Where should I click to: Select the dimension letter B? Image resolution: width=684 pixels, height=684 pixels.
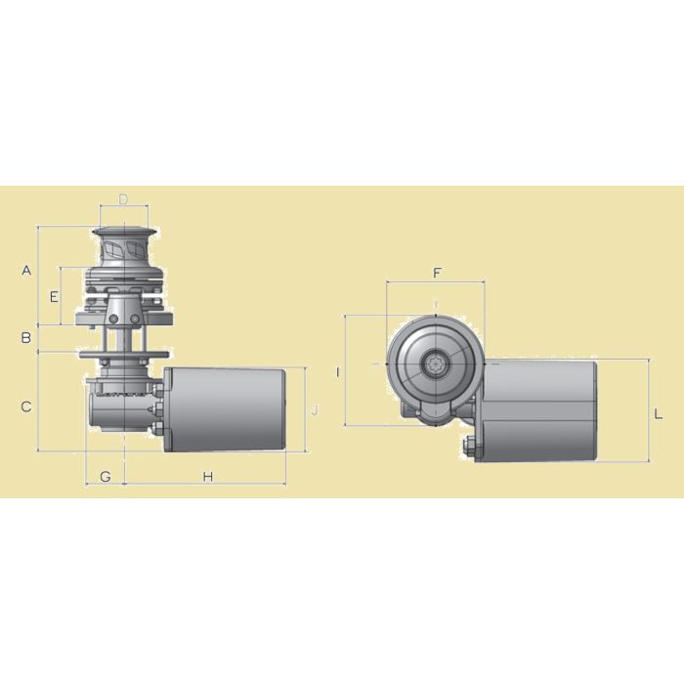tap(27, 338)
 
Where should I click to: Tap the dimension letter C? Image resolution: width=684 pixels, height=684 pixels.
tap(27, 406)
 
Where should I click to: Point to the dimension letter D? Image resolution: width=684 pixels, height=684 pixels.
tap(123, 199)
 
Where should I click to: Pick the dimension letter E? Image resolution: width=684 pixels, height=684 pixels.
tap(55, 295)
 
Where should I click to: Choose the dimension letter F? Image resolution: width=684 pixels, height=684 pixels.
tap(437, 273)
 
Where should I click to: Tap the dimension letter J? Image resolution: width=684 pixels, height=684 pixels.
tap(314, 410)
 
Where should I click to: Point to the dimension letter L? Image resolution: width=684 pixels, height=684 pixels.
tap(659, 414)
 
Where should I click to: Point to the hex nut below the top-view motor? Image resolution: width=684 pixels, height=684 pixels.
tap(467, 449)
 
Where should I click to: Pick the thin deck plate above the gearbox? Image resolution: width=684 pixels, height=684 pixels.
tap(127, 354)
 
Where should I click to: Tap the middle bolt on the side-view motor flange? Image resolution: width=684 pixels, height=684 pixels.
tap(156, 408)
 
